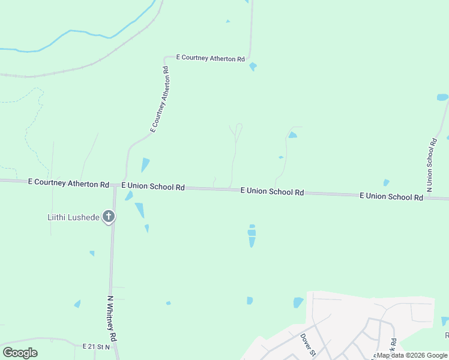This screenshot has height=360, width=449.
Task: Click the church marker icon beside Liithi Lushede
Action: click(x=109, y=216)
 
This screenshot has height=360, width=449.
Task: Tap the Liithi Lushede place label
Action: click(x=73, y=217)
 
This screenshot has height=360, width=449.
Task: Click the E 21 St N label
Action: click(x=97, y=347)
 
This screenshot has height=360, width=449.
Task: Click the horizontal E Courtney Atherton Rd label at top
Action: click(x=210, y=58)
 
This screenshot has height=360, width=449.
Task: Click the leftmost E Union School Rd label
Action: click(x=153, y=187)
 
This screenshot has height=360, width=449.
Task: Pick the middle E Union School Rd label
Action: click(x=272, y=191)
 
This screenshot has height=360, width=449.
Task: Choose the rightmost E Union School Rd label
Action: click(x=391, y=196)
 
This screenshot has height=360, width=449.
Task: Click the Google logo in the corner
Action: click(x=20, y=353)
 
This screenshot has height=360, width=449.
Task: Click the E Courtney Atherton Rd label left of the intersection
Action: click(x=68, y=183)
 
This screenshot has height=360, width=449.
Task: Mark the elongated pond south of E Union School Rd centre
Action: click(x=252, y=236)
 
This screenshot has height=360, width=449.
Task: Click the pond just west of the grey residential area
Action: click(x=298, y=302)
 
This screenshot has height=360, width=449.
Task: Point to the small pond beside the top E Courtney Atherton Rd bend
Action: click(x=253, y=66)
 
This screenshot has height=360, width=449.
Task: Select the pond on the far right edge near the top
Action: click(x=442, y=97)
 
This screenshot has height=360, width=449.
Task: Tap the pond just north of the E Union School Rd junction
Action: click(x=145, y=164)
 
